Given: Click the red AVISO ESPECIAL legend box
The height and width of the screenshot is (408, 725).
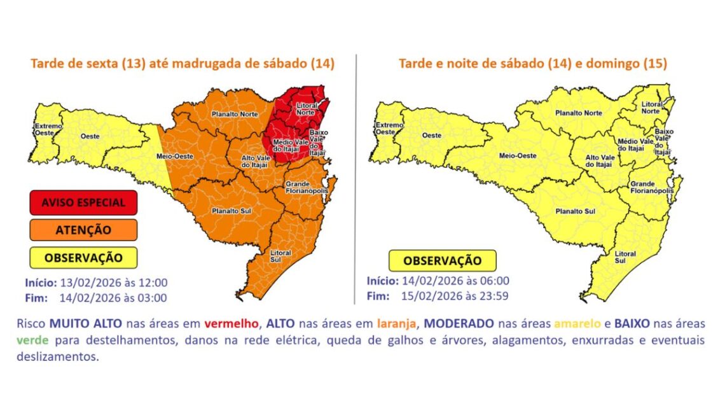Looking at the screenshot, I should coord(83,203).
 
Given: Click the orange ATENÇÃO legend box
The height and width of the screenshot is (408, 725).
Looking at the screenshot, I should coord(83,230).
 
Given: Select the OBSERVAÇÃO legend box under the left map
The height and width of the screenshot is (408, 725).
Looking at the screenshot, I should coord(83,257).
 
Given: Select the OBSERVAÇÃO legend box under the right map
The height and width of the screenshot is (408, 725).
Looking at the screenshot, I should coord(443,260).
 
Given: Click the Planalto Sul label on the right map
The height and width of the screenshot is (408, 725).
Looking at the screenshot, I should coord(576,211).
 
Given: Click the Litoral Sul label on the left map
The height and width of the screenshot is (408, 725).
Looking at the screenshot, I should coord(280,256).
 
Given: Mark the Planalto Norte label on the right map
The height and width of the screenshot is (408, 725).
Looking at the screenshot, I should coord(578,113).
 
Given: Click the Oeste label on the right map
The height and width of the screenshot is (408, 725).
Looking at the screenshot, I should coord(432,135).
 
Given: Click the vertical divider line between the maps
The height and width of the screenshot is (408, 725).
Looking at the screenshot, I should coord(356,178).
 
